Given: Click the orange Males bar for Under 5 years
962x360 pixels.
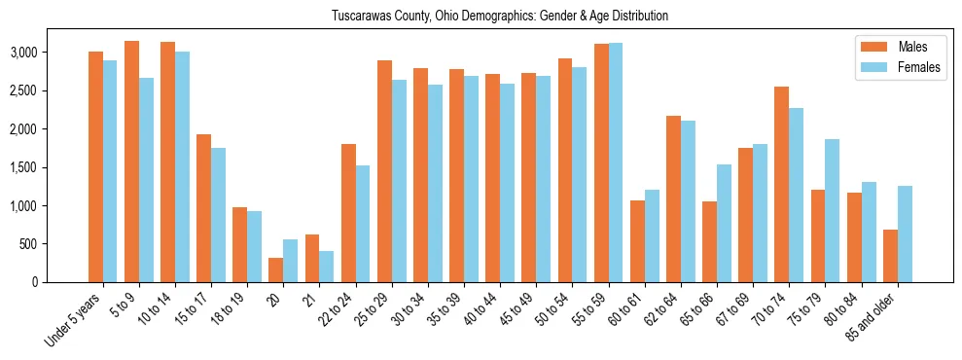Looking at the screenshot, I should [x=95, y=166].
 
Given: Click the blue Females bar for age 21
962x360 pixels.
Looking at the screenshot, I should [x=327, y=267].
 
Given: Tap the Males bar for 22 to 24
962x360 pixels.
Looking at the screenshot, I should [x=348, y=213].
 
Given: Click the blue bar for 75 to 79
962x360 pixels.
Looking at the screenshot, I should [x=833, y=210].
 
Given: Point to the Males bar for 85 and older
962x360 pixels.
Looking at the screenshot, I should [x=890, y=256].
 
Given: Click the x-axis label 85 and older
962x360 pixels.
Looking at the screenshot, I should [x=873, y=316].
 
